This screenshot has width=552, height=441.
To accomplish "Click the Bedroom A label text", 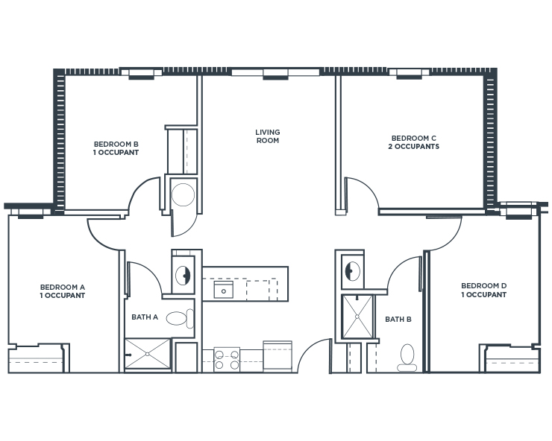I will (63, 291).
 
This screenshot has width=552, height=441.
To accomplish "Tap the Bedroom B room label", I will (116, 148).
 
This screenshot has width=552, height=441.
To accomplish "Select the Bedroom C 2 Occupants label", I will (415, 142).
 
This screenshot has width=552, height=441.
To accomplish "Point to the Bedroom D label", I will (483, 290).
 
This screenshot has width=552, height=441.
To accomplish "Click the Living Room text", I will (267, 136).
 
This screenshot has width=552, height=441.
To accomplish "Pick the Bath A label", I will (145, 317).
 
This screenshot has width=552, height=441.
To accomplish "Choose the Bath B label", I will (398, 320).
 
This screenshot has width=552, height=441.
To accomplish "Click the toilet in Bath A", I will (179, 319).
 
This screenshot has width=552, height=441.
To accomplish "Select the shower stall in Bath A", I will (147, 355).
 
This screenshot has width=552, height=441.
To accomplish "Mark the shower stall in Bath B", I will (357, 316).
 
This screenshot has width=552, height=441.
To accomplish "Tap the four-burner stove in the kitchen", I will (227, 359).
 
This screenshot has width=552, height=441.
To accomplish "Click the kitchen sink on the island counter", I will (223, 289).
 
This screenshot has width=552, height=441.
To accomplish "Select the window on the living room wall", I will (275, 73).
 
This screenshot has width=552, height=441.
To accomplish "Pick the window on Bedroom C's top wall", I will (408, 73).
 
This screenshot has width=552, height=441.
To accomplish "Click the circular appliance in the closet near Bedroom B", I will (183, 195).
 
